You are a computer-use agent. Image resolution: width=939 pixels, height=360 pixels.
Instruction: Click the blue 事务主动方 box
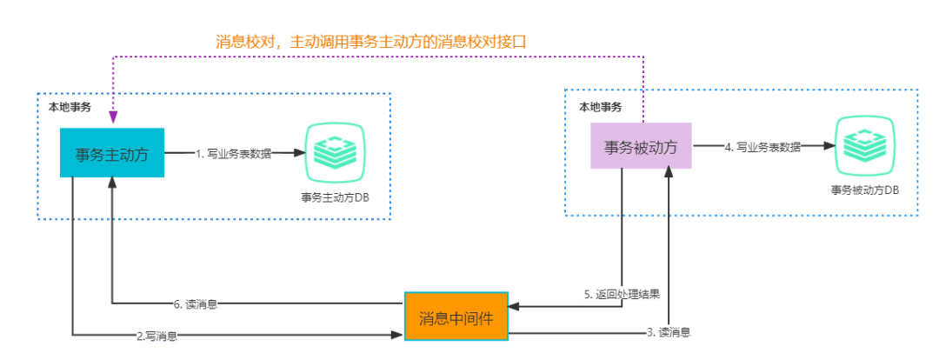[111, 153]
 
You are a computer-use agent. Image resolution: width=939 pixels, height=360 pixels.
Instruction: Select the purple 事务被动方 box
[641, 146]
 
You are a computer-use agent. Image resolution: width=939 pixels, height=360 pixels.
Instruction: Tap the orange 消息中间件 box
[456, 317]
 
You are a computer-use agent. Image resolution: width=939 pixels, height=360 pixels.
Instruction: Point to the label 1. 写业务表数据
[233, 154]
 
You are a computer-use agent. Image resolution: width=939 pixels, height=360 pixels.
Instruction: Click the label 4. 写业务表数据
[763, 147]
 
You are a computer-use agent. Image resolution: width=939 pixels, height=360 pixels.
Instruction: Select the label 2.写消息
[157, 335]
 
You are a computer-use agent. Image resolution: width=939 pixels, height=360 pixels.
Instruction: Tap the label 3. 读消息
[669, 332]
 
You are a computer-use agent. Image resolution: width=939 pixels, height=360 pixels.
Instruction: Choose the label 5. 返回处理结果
[622, 294]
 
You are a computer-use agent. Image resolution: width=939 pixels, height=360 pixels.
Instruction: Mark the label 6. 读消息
[196, 304]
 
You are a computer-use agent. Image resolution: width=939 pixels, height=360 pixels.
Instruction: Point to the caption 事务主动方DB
[335, 197]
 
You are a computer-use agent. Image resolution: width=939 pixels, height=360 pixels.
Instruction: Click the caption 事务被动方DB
[864, 190]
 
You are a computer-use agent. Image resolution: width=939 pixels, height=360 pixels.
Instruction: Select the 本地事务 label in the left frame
[68, 106]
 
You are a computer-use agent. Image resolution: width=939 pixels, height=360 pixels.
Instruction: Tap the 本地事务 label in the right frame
[601, 106]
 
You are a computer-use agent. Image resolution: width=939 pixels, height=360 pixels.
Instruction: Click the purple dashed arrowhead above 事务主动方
[112, 118]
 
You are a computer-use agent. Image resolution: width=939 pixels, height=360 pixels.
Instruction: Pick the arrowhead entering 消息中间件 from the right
[513, 306]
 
